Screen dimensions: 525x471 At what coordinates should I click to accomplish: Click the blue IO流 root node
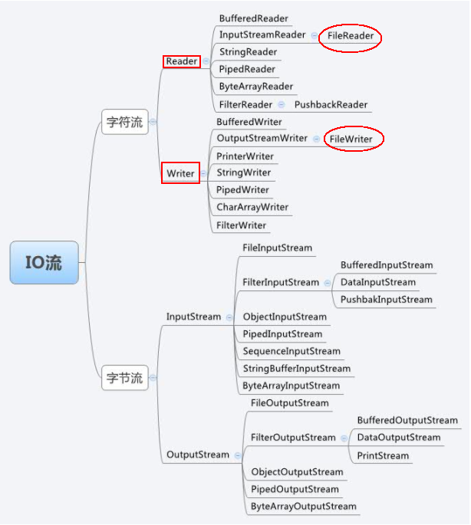point(44,263)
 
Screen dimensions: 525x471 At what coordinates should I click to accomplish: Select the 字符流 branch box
point(124,121)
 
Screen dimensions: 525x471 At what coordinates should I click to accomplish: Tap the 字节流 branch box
point(124,377)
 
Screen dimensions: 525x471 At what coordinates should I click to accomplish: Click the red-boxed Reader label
point(182,61)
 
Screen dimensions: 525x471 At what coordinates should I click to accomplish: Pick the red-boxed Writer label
point(181,173)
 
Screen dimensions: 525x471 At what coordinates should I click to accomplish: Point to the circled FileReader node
point(350,35)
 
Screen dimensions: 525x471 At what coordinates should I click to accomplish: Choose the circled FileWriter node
point(351,139)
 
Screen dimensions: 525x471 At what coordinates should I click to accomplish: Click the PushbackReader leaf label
point(331,104)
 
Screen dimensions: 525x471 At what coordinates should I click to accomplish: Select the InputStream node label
point(193,317)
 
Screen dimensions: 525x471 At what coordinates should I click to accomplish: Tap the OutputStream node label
point(198,454)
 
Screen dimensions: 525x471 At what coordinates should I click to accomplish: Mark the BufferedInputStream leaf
point(387,265)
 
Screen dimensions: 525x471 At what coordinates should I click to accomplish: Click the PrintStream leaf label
point(383,455)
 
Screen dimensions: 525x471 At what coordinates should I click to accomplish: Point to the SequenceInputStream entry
point(291,351)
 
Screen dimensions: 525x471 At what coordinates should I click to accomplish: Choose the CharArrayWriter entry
point(252,207)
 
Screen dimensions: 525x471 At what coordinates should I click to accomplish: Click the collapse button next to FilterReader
point(282,104)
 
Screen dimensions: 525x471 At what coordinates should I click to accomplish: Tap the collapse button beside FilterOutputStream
point(344,438)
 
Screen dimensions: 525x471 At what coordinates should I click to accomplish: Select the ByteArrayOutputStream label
point(303,507)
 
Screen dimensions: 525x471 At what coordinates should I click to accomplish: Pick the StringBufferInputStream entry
point(296,369)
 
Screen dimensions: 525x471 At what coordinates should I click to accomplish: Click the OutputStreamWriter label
point(262,139)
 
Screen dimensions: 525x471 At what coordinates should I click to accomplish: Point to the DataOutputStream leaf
point(398,438)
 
